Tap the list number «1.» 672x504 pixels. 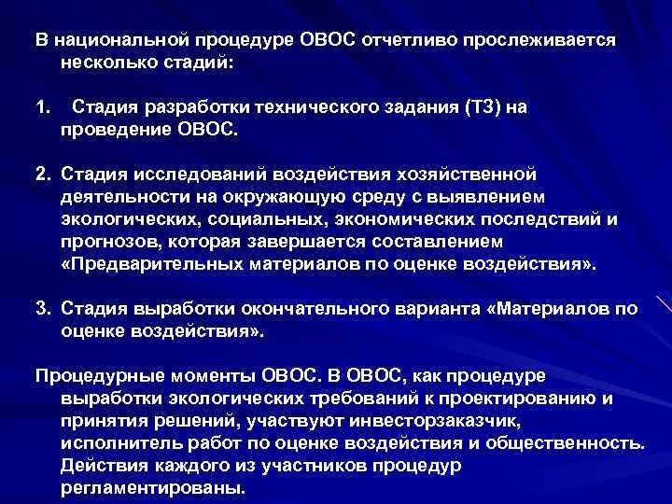[44, 107]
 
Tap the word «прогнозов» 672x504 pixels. [104, 241]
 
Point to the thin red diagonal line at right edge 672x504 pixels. [664, 303]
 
